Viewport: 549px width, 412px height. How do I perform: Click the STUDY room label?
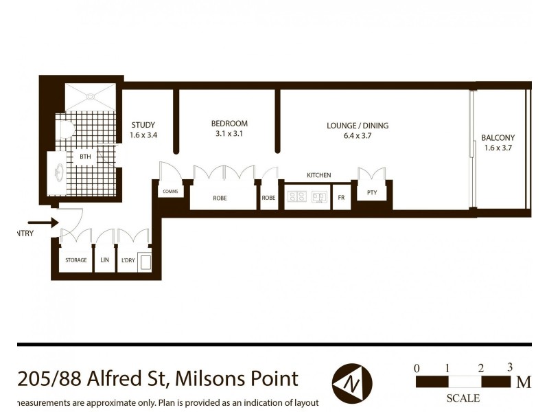point(143,124)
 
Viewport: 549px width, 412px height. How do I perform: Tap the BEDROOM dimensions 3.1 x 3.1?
point(229,135)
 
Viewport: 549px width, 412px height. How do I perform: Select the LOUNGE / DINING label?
point(358,126)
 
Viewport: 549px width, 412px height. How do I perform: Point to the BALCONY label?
point(498,137)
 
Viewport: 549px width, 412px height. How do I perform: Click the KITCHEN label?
point(318,176)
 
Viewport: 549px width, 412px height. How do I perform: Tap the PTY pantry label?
point(372,193)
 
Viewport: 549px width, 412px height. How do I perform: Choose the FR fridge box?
point(341,198)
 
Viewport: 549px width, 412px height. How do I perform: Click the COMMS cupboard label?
point(172,192)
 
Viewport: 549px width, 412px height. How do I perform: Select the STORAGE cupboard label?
point(75,260)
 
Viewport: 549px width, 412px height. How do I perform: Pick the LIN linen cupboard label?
point(105,260)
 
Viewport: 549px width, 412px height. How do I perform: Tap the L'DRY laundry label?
point(127,260)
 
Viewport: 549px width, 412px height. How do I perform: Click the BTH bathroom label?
point(85,157)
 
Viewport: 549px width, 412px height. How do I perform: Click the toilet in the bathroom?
point(65,128)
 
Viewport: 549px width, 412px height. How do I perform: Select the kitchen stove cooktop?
point(296,198)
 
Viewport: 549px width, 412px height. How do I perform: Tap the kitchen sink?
point(320,198)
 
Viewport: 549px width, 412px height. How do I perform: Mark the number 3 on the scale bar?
point(509,367)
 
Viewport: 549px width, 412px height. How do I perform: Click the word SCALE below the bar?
point(463,398)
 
